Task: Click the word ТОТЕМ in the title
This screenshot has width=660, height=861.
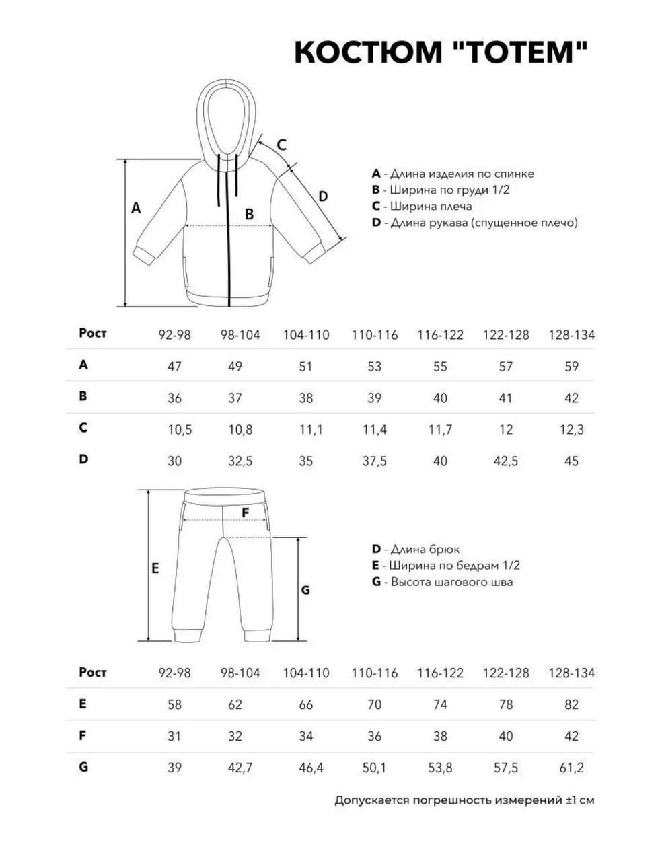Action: pyautogui.click(x=516, y=52)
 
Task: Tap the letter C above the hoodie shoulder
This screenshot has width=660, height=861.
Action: pyautogui.click(x=282, y=145)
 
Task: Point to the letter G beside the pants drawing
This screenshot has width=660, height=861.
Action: pyautogui.click(x=305, y=590)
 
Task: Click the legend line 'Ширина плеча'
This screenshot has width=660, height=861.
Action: pyautogui.click(x=422, y=207)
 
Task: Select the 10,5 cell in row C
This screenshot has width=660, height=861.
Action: pyautogui.click(x=179, y=429)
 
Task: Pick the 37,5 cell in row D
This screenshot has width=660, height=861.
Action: pyautogui.click(x=374, y=461)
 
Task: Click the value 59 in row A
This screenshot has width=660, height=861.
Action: pyautogui.click(x=571, y=367)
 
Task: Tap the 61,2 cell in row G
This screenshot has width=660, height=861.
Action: pyautogui.click(x=571, y=768)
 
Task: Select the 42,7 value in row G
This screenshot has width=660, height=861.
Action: pyautogui.click(x=235, y=768)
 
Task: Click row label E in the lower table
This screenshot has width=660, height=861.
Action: pyautogui.click(x=83, y=704)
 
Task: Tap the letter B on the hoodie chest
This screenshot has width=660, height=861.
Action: pyautogui.click(x=249, y=215)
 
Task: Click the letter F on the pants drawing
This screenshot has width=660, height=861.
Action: pyautogui.click(x=246, y=513)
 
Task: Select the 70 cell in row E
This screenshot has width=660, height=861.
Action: pyautogui.click(x=374, y=705)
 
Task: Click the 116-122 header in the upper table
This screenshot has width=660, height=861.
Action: pyautogui.click(x=440, y=335)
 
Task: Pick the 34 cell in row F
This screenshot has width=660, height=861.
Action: pyautogui.click(x=305, y=736)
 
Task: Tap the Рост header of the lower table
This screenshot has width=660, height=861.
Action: pyautogui.click(x=93, y=672)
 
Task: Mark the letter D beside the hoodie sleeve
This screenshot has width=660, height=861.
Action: pyautogui.click(x=323, y=196)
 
